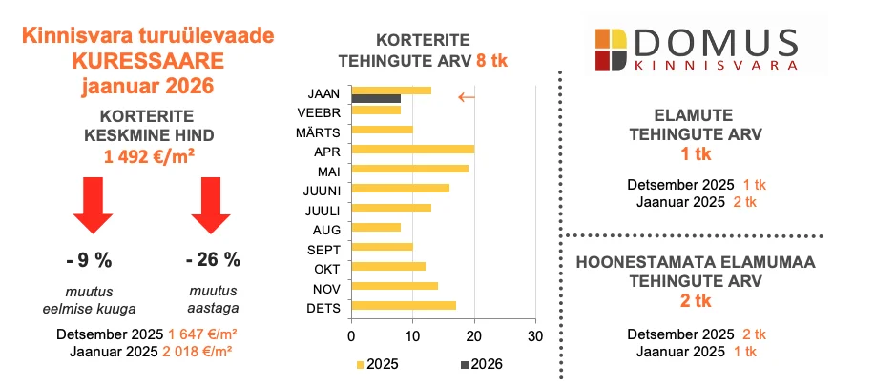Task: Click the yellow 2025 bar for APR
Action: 412,149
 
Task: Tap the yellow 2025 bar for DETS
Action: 404,306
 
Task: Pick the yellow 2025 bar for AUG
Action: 376,227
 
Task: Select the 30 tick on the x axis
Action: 534,336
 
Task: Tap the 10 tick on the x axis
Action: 412,336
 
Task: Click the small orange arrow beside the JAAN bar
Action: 466,96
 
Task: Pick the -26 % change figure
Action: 213,259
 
